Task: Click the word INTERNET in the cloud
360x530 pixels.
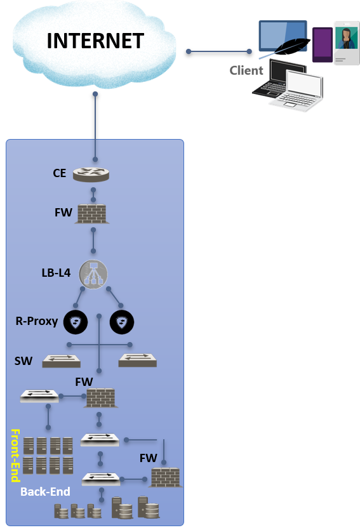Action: pos(95,41)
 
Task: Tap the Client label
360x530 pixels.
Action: pos(246,70)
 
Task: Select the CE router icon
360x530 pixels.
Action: pos(91,174)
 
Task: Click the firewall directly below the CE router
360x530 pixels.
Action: pos(92,214)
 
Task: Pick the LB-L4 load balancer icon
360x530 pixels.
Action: pos(93,274)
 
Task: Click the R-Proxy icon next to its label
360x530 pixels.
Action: pos(76,322)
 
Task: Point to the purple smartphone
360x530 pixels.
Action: pos(322,45)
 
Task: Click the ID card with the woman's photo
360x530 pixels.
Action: pos(347,43)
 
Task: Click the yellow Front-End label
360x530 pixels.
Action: pos(15,455)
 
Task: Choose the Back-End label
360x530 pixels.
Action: pos(45,491)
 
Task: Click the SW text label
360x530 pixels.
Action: pos(23,361)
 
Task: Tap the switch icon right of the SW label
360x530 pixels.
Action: pos(61,361)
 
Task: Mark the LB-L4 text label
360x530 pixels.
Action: pos(56,273)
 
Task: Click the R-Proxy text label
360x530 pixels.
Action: pos(37,321)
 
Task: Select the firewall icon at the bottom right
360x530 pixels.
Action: pos(165,477)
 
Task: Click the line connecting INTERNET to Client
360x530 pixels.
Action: pos(218,51)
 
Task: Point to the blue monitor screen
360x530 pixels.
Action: pos(283,36)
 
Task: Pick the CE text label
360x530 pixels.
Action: pos(60,173)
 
